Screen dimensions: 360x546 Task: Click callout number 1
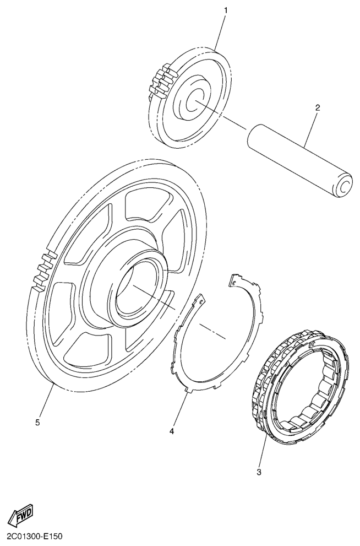tap(225, 11)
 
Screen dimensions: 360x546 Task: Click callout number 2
tap(317, 107)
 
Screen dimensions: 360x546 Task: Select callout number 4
tap(172, 431)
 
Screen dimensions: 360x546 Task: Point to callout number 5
tap(37, 423)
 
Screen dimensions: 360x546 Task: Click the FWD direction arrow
tap(20, 513)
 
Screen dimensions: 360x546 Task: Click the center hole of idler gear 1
tap(194, 101)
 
